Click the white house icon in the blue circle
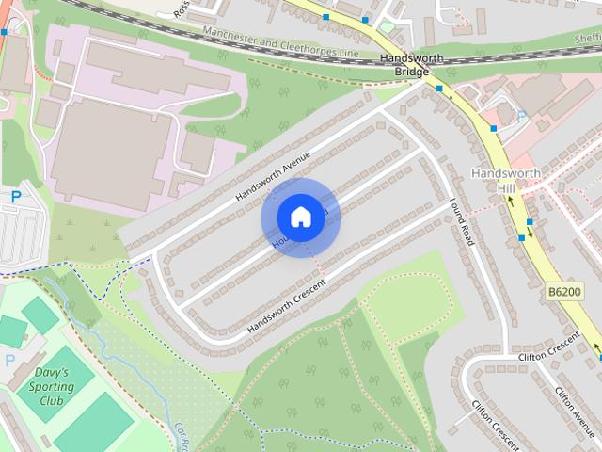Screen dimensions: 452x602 coord(299,217)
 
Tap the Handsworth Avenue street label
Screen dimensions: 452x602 coord(273,178)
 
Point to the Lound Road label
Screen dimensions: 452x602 coord(462,221)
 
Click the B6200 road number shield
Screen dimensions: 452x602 coord(563,294)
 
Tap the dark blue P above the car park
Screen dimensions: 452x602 coord(16,196)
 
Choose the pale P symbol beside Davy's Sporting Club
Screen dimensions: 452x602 coord(10,361)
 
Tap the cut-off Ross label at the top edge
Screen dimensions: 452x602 coord(182,8)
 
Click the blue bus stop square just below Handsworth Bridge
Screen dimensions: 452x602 coord(439,89)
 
